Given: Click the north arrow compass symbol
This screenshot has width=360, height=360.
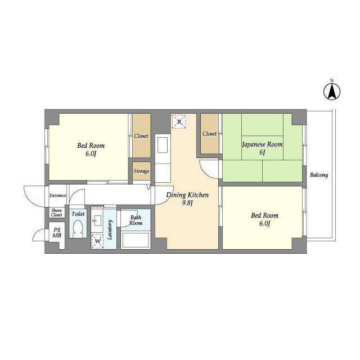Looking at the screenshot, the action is pyautogui.click(x=332, y=91).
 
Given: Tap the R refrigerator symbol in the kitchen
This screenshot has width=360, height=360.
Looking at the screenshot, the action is pyautogui.click(x=179, y=121).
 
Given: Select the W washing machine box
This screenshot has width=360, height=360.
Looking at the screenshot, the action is pyautogui.click(x=97, y=241).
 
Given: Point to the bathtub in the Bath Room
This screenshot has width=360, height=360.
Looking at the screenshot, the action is pyautogui.click(x=136, y=240).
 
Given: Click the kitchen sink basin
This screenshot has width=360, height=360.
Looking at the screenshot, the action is pyautogui.click(x=163, y=145).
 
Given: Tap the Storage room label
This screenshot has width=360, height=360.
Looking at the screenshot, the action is pyautogui.click(x=141, y=171).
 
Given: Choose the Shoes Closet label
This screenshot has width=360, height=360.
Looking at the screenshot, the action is pyautogui.click(x=56, y=213).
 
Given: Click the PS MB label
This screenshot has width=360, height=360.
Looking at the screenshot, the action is pyautogui.click(x=57, y=232).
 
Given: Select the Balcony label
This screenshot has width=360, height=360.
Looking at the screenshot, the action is pyautogui.click(x=319, y=175).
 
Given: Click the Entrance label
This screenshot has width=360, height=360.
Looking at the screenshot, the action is pyautogui.click(x=57, y=195).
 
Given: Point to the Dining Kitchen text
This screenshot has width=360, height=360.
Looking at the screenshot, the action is pyautogui.click(x=187, y=195).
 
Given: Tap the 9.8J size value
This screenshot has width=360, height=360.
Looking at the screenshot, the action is pyautogui.click(x=187, y=203).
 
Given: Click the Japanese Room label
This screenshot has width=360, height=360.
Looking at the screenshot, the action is pyautogui.click(x=262, y=145).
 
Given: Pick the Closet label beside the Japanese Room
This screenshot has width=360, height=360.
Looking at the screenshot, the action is pyautogui.click(x=209, y=134).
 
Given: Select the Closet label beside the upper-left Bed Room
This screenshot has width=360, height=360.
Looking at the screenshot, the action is pyautogui.click(x=141, y=136).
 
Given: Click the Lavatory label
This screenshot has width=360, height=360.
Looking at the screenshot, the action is pyautogui.click(x=110, y=229).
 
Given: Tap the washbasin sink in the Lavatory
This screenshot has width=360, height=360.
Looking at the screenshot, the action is pyautogui.click(x=97, y=220).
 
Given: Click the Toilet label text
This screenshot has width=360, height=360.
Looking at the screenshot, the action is pyautogui.click(x=78, y=214).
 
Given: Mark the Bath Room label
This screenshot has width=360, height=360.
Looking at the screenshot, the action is pyautogui.click(x=136, y=220).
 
